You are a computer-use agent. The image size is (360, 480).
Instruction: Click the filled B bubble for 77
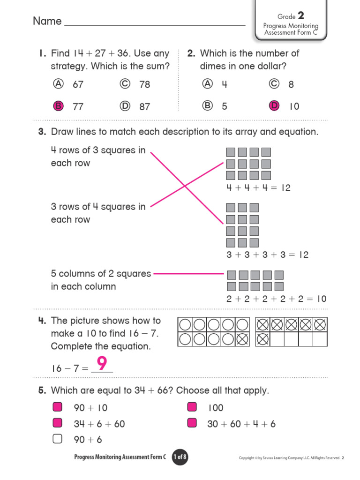pos(58,106)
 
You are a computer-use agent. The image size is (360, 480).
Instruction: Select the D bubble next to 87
pos(125,106)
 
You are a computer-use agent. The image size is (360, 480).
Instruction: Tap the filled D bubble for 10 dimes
pos(274,106)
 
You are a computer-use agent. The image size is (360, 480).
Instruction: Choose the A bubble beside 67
pos(58,84)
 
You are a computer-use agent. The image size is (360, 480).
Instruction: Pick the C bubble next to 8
pos(274,84)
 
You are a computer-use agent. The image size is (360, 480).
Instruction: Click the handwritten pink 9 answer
pos(103,364)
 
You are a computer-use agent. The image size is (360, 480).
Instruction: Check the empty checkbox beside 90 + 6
pos(57,439)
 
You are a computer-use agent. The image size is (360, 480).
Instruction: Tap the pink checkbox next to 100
pos(192,407)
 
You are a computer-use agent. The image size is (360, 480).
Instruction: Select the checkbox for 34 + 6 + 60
pos(57,423)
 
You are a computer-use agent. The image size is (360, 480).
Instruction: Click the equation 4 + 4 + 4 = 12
pos(258,188)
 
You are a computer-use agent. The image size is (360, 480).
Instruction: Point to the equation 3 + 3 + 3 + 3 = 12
pos(267,255)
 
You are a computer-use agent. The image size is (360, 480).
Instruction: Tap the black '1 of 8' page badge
pos(180,457)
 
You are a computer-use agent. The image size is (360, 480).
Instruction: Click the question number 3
pos(42,132)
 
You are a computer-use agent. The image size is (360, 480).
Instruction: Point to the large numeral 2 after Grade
pos(301,16)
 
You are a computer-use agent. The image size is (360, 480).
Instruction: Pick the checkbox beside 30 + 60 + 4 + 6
pos(192,423)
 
